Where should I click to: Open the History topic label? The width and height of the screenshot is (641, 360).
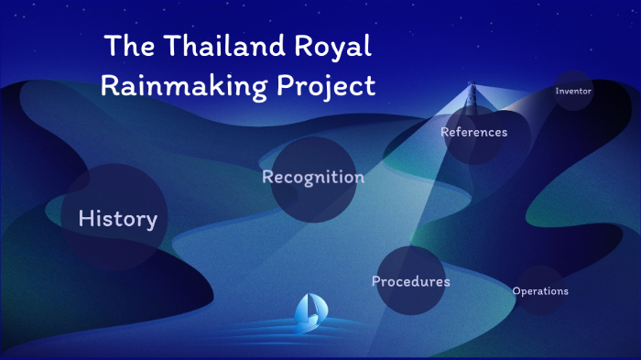(x=118, y=219)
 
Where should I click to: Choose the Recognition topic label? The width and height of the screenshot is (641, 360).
(x=313, y=177)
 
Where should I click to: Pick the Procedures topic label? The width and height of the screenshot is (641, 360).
(x=411, y=281)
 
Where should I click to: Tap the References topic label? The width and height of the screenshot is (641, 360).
(x=473, y=132)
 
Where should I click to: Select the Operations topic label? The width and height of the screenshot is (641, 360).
(x=540, y=291)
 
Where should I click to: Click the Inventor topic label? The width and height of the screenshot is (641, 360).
(x=574, y=92)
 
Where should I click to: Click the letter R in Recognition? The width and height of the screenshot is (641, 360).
(x=267, y=177)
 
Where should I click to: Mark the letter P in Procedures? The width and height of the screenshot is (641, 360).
(x=376, y=281)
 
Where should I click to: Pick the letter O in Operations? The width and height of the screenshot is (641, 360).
(x=516, y=291)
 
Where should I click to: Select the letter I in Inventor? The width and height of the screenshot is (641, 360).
(x=557, y=92)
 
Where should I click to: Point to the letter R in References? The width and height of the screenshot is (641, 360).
(x=444, y=132)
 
